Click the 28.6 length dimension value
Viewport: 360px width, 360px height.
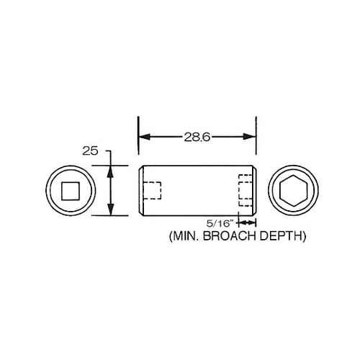197,136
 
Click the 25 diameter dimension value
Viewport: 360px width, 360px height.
90,151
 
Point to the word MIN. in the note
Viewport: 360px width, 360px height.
186,235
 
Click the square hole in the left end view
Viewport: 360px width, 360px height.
70,191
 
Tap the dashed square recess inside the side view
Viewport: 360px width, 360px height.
152,191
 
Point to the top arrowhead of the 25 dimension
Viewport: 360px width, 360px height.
110,171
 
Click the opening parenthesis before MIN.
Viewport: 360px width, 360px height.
170,235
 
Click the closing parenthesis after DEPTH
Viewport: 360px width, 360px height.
307,235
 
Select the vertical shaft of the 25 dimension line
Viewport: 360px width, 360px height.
110,191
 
